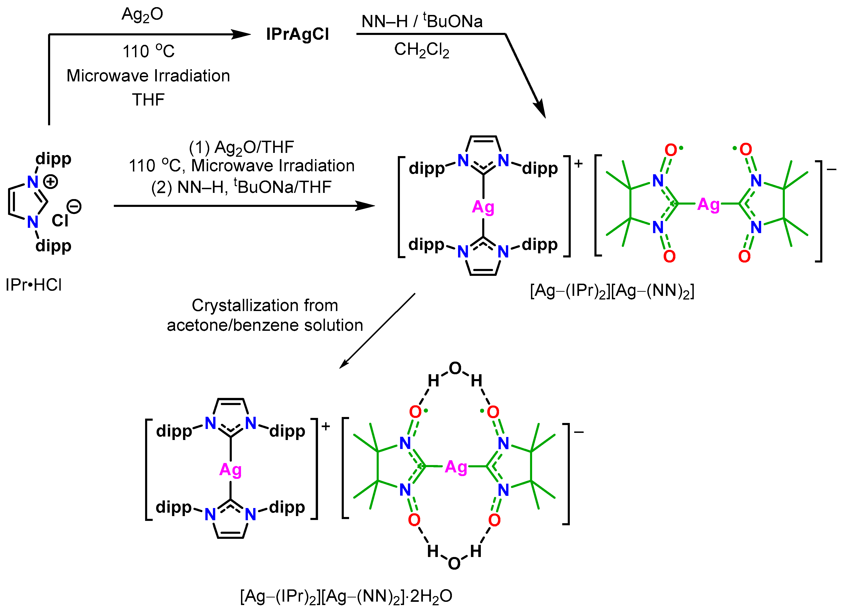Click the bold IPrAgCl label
click(297, 34)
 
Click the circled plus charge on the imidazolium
click(51, 182)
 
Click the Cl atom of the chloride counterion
click(60, 221)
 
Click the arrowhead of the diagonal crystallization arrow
click(344, 364)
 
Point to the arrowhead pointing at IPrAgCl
click(242, 34)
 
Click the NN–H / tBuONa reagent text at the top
click(422, 22)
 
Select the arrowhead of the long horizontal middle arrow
click(366, 206)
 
